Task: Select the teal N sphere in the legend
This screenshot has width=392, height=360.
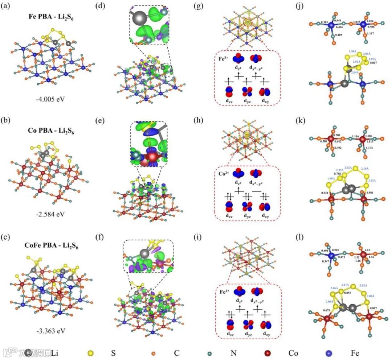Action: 210,352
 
